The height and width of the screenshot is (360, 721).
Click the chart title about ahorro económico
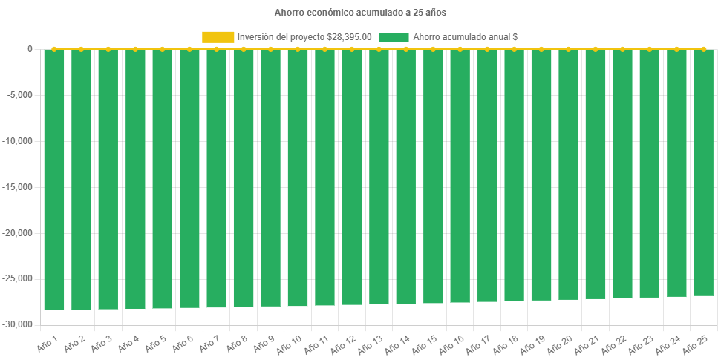(360, 13)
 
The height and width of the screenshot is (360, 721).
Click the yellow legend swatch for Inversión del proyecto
(218, 36)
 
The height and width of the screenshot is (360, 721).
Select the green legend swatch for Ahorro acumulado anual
(394, 36)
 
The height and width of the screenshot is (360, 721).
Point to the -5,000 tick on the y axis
(20, 95)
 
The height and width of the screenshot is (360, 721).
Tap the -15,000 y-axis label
(18, 187)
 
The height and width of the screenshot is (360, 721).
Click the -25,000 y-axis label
(18, 279)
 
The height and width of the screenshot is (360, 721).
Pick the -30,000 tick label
(18, 325)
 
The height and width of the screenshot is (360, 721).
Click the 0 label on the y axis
(30, 49)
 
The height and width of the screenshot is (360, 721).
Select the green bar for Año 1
(54, 178)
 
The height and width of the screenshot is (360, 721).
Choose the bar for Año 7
(216, 178)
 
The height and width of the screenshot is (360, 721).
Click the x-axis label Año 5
(154, 344)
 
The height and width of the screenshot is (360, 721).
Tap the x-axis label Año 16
(451, 344)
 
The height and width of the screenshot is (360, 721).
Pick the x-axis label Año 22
(614, 344)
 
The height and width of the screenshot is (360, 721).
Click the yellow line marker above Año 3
(108, 49)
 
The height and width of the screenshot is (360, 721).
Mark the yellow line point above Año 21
(596, 49)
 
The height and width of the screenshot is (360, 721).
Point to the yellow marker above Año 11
(324, 49)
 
